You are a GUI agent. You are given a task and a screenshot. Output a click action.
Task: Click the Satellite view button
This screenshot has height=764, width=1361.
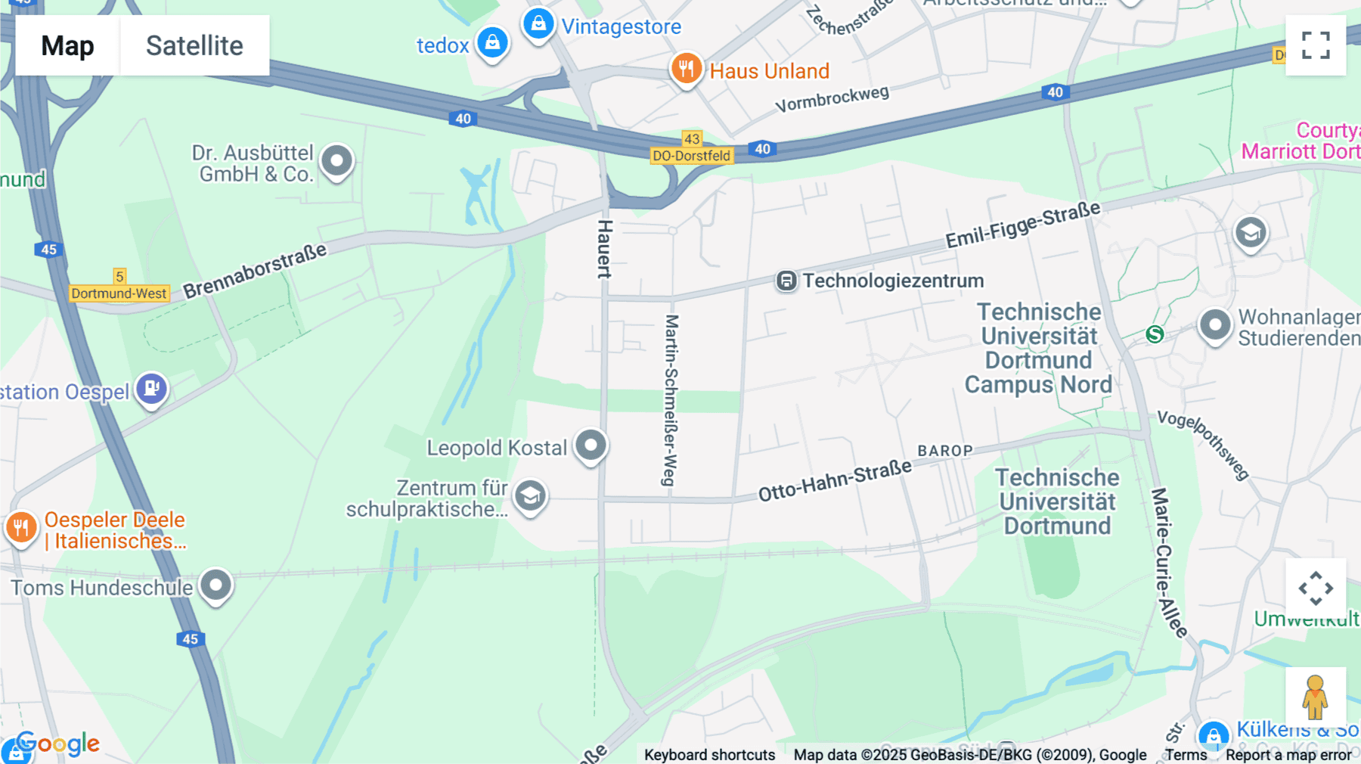point(194,45)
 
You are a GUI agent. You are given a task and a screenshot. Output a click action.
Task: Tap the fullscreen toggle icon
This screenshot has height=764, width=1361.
point(1316,45)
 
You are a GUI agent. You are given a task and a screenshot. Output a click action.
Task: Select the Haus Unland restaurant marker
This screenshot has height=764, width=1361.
point(686,69)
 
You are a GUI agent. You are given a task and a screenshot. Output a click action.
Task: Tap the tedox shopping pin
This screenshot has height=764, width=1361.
point(492,42)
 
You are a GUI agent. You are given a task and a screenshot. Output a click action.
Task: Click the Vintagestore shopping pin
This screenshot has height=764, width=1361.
point(538,24)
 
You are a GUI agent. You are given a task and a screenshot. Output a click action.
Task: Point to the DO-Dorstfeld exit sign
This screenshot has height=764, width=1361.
point(691,156)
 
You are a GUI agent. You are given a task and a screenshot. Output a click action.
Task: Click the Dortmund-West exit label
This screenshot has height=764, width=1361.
point(119,293)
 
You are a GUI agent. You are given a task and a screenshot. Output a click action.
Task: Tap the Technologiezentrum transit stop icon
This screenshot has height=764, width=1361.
point(786,281)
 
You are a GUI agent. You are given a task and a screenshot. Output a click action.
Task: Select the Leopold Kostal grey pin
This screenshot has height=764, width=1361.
point(591,445)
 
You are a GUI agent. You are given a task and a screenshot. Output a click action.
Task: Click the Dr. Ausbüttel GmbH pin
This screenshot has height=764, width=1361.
point(336,161)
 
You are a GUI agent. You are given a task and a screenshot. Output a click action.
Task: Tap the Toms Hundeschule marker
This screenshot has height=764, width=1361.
point(216,585)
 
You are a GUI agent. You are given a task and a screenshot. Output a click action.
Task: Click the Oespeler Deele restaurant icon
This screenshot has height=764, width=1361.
point(21,526)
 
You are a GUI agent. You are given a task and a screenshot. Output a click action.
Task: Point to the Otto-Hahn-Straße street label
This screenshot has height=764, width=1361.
point(835,481)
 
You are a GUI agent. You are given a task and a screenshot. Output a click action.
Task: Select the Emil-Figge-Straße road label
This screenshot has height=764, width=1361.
point(1022,225)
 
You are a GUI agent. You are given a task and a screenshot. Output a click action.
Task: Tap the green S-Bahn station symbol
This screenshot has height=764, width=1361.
point(1155,334)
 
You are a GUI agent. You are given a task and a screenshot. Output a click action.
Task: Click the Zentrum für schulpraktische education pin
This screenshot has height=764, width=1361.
point(530,496)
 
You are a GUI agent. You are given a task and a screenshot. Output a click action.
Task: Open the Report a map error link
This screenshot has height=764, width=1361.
point(1288,755)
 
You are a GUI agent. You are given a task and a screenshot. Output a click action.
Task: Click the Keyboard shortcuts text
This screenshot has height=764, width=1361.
point(709,755)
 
